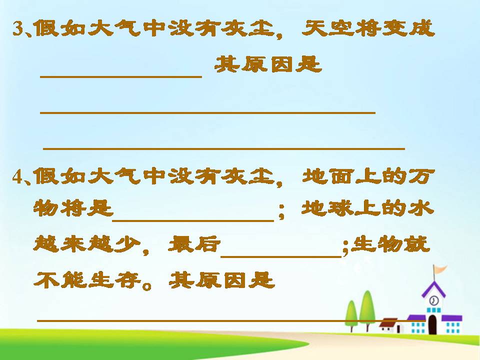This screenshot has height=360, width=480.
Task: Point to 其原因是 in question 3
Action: (x=267, y=64)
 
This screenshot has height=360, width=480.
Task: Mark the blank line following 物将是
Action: (x=193, y=220)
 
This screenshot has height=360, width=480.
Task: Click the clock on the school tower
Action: (x=433, y=300)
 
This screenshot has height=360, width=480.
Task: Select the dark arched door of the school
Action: (x=432, y=325)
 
